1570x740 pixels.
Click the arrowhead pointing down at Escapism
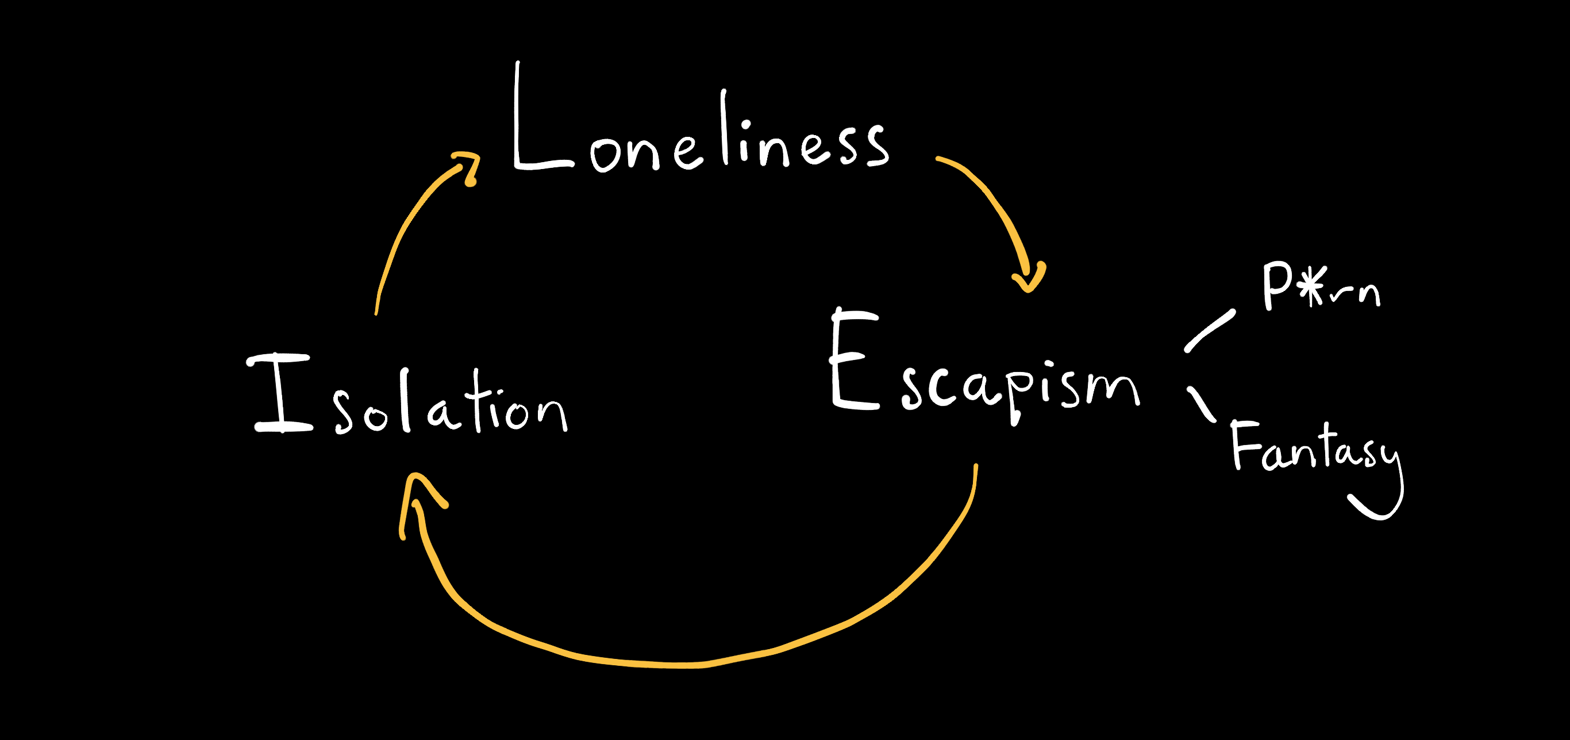point(1029,277)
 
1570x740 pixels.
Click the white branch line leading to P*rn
point(1210,331)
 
